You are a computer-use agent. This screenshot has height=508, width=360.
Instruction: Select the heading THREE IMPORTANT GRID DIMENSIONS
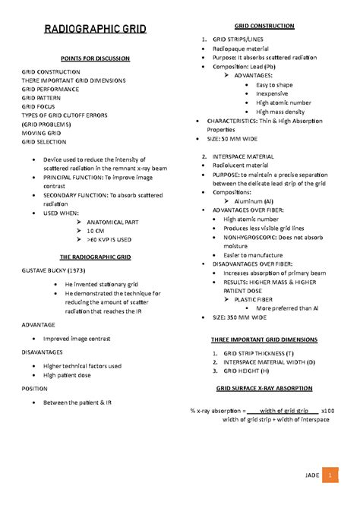click(264, 339)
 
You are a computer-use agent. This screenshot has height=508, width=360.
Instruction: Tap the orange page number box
click(330, 475)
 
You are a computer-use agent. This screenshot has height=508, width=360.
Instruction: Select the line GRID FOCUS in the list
click(38, 107)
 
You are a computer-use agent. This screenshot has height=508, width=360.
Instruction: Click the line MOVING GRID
click(41, 133)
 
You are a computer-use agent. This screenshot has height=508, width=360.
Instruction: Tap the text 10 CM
click(96, 230)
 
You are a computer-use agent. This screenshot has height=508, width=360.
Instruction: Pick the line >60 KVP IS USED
click(109, 239)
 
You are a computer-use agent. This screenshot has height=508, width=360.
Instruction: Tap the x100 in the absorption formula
click(328, 410)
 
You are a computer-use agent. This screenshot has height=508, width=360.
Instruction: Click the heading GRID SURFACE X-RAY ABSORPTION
click(264, 388)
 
